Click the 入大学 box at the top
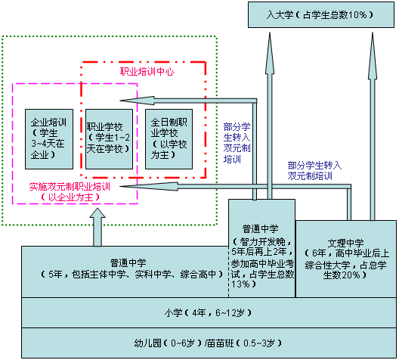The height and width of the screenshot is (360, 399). (x=321, y=15)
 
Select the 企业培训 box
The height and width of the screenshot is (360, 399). (x=49, y=139)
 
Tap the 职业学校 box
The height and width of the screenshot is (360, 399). (x=109, y=139)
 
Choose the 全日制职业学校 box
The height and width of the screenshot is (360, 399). (x=169, y=139)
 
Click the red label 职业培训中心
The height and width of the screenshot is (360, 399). (x=147, y=72)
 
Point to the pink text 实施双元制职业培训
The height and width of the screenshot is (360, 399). (x=70, y=187)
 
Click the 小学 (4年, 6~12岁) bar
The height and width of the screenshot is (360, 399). (x=209, y=312)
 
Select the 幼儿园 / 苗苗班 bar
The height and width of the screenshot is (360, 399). (x=209, y=343)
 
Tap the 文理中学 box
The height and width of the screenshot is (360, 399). (x=346, y=259)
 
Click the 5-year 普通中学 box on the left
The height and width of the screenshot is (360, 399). (x=125, y=272)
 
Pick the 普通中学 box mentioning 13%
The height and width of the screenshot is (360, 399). (x=261, y=248)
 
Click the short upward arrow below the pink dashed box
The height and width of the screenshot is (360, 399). (x=97, y=227)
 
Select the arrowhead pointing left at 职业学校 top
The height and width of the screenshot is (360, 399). (x=138, y=101)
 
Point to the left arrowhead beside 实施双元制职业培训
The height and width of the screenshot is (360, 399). (x=149, y=186)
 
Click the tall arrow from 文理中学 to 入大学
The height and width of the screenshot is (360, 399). (x=373, y=126)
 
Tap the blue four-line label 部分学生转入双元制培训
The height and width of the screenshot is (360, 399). (x=237, y=143)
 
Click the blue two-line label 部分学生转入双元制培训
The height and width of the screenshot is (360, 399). (x=314, y=171)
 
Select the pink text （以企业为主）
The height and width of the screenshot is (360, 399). (x=70, y=197)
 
